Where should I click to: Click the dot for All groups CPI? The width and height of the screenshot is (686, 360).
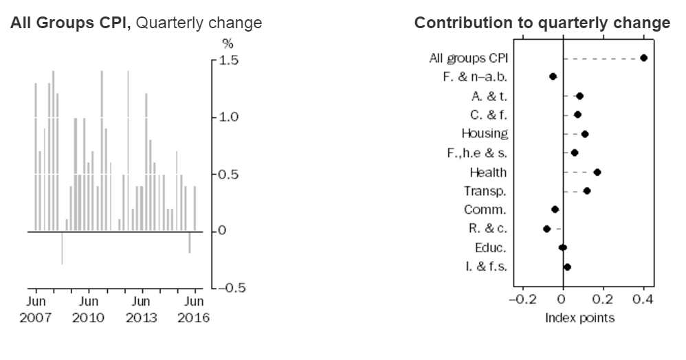coord(643,58)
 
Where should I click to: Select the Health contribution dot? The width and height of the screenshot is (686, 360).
coord(597,172)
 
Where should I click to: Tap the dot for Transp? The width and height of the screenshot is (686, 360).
coord(586,190)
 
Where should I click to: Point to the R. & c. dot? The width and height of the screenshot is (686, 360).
coord(546,228)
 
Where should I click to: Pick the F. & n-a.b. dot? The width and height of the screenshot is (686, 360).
coord(553,76)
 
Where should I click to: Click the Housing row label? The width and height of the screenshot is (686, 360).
coord(485,133)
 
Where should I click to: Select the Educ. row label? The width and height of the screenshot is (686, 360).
coord(490,247)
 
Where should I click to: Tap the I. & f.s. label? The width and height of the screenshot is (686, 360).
coord(485,267)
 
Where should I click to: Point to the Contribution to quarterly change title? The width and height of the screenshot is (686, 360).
coord(542,23)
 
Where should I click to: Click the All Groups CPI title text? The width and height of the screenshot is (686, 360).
coord(136,23)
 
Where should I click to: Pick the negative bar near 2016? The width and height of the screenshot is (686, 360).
coord(190,242)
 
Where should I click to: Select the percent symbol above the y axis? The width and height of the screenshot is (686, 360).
coord(228,44)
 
